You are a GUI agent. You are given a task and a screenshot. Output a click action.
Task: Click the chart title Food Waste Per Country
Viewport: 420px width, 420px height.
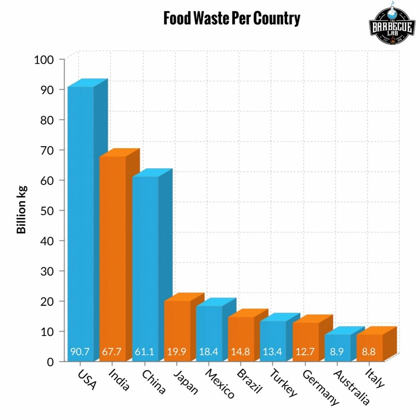point(231,19)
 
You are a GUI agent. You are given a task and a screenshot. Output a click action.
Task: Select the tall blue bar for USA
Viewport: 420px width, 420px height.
point(81,210)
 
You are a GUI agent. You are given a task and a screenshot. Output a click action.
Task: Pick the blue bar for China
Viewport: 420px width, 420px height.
point(145,260)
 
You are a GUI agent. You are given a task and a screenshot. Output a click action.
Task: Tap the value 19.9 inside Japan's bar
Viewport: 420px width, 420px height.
point(176,352)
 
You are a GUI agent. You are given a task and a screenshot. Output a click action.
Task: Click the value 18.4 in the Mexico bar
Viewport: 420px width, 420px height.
point(209,352)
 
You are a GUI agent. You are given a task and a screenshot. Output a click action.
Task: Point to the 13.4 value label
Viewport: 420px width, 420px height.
point(273,352)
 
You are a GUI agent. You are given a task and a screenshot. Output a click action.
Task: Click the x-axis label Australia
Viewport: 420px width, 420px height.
point(351,387)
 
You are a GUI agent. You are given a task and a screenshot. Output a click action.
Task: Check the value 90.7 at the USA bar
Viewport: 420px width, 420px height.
point(80,352)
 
